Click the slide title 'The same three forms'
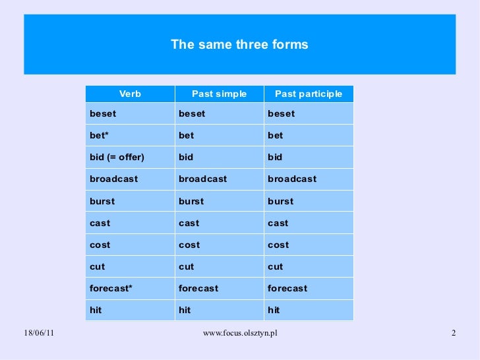(239, 45)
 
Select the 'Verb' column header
(130, 94)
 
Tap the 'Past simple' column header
(219, 94)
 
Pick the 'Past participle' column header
(309, 94)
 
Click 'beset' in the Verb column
(103, 113)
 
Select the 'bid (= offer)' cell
(117, 157)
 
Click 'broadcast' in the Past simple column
(202, 179)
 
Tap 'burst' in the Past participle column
(281, 201)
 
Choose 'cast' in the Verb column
(100, 223)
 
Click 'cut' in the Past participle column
(275, 266)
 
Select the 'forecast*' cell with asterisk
(111, 288)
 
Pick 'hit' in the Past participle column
(274, 310)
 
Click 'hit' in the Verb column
(96, 310)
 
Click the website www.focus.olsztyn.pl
(240, 333)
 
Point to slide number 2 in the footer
(454, 333)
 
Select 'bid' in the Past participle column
(275, 157)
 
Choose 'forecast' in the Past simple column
(198, 288)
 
